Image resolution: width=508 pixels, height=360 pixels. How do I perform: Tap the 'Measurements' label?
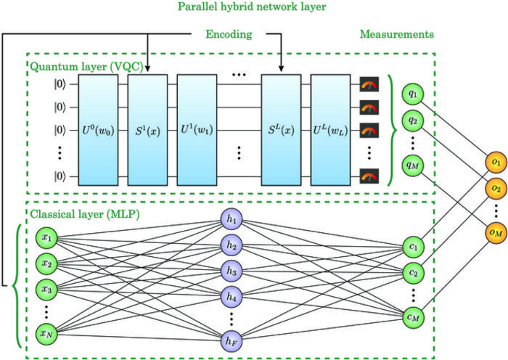click(397, 33)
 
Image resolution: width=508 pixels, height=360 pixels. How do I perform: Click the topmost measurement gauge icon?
click(369, 85)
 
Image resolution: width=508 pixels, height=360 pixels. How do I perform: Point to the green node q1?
click(412, 94)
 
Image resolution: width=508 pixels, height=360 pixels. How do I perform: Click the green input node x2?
click(46, 263)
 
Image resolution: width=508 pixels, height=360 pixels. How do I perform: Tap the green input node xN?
click(46, 335)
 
